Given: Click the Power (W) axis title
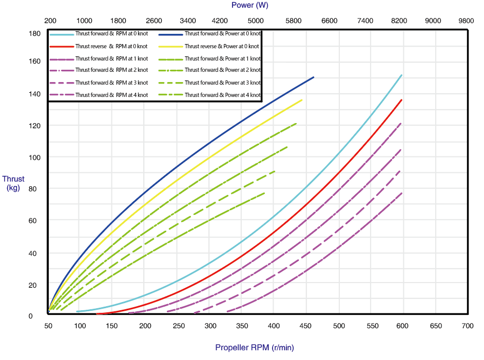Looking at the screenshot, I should click(x=249, y=5).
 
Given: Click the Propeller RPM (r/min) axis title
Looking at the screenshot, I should click(x=255, y=348).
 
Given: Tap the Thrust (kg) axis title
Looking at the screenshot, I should click(x=13, y=183).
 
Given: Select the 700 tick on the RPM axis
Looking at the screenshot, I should click(x=468, y=326).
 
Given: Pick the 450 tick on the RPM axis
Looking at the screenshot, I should click(x=306, y=326).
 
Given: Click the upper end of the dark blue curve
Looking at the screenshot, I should click(x=314, y=77).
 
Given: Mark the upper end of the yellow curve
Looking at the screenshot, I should click(x=302, y=100).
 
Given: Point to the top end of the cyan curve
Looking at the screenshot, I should click(x=401, y=75).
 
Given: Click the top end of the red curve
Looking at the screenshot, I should click(x=401, y=100).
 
